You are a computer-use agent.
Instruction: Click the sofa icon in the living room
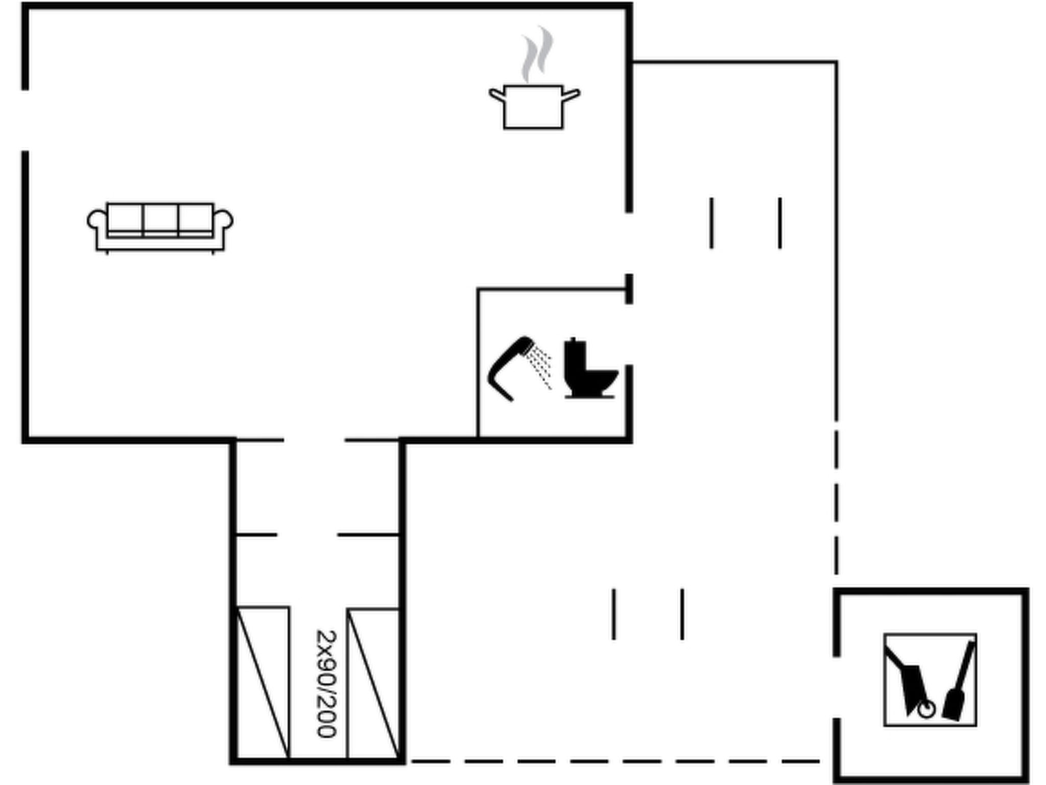[160, 228]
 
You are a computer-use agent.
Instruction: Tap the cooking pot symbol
[534, 107]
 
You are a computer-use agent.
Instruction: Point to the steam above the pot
[537, 54]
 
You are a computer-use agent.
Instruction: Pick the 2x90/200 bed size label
[327, 684]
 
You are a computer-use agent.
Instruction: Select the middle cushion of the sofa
[160, 219]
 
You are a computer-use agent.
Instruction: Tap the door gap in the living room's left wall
[25, 121]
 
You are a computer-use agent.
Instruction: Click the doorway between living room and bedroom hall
[314, 440]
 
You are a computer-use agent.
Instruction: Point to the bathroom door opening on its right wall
[629, 334]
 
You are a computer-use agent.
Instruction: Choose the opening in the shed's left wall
[837, 687]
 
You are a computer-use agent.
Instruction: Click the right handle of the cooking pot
[571, 95]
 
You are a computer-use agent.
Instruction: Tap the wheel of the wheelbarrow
[926, 710]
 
